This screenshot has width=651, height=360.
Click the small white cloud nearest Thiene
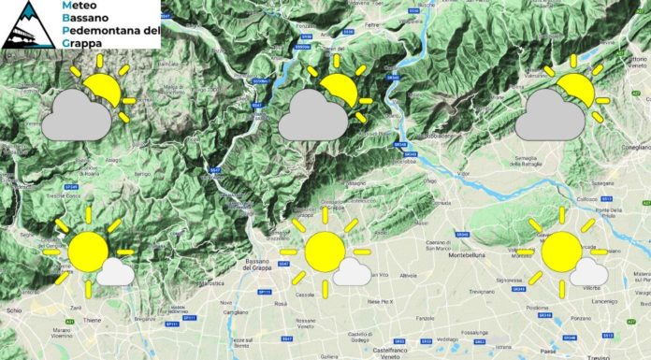(115, 272)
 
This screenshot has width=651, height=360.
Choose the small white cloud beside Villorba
(588, 272)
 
